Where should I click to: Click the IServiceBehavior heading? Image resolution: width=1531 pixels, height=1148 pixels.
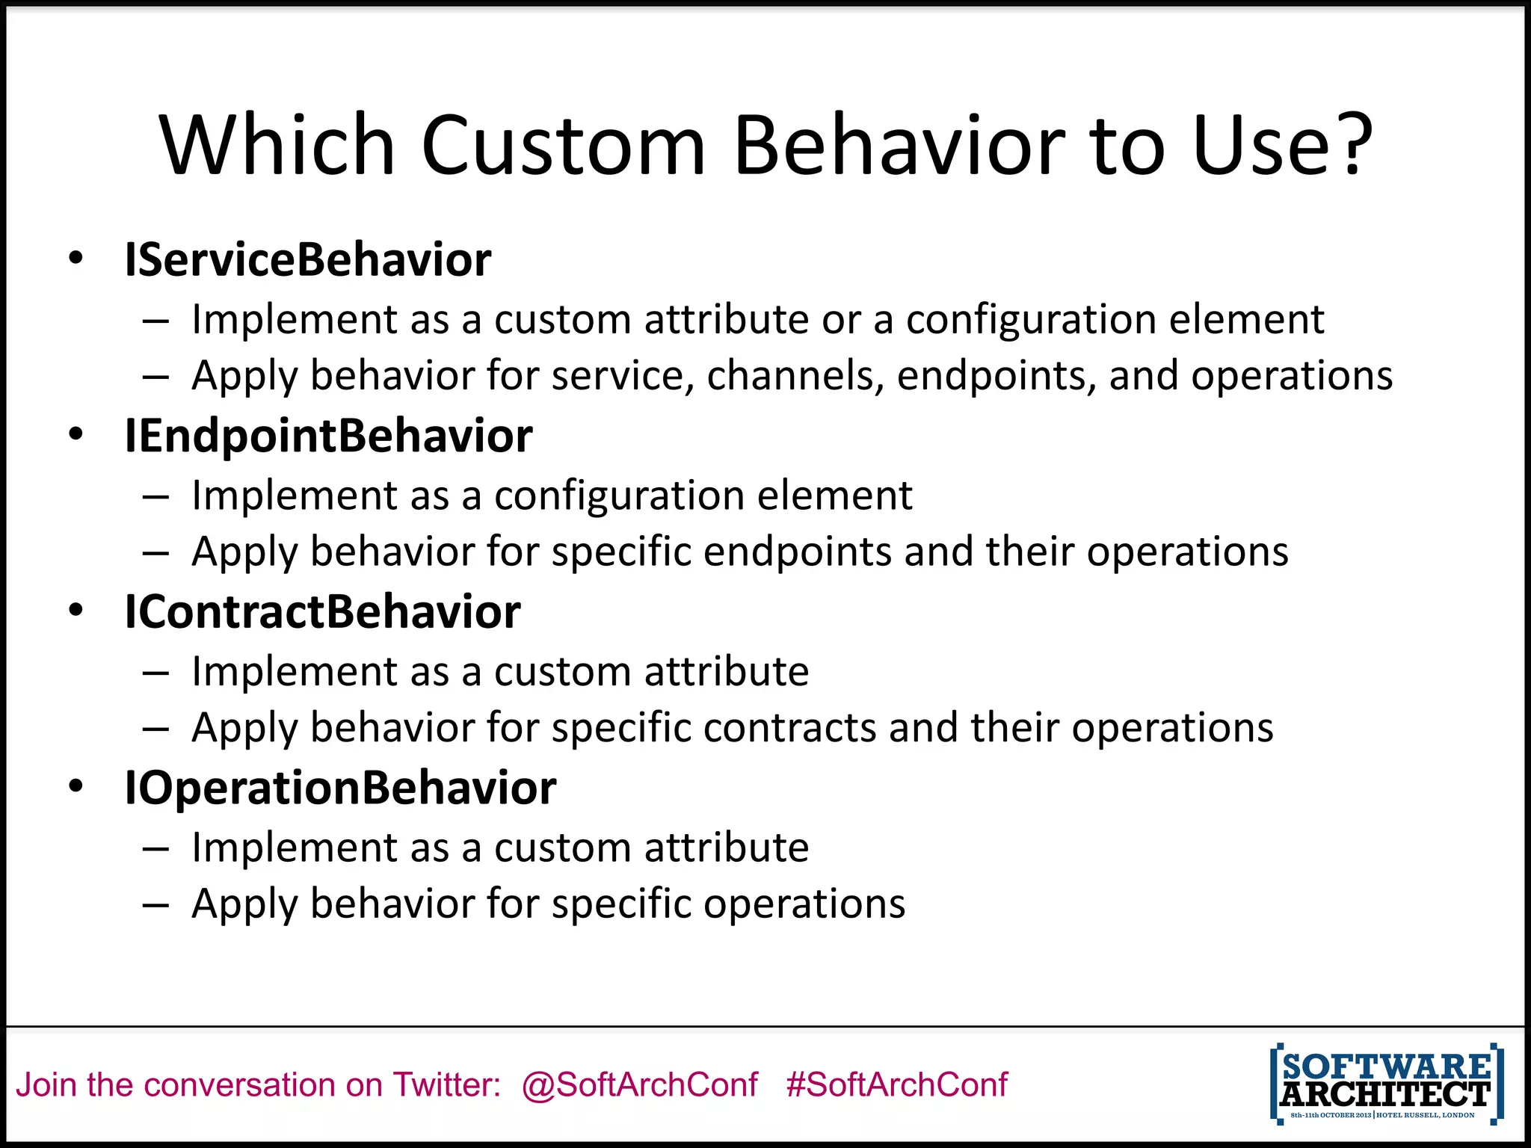pos(307,260)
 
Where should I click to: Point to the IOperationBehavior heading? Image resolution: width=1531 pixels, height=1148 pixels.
pos(340,788)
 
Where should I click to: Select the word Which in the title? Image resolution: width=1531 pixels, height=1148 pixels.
pos(277,145)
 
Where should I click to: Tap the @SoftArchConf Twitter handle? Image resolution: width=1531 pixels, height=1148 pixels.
pos(640,1084)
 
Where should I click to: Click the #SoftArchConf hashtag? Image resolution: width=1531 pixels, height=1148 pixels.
pos(897,1084)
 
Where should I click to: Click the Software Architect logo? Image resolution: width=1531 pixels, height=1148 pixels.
pos(1387,1084)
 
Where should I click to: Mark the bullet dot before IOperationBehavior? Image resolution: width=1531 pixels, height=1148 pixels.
pos(76,786)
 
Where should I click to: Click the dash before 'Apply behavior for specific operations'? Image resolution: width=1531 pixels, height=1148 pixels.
pos(155,904)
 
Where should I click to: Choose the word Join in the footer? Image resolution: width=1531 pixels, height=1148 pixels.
pos(46,1084)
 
